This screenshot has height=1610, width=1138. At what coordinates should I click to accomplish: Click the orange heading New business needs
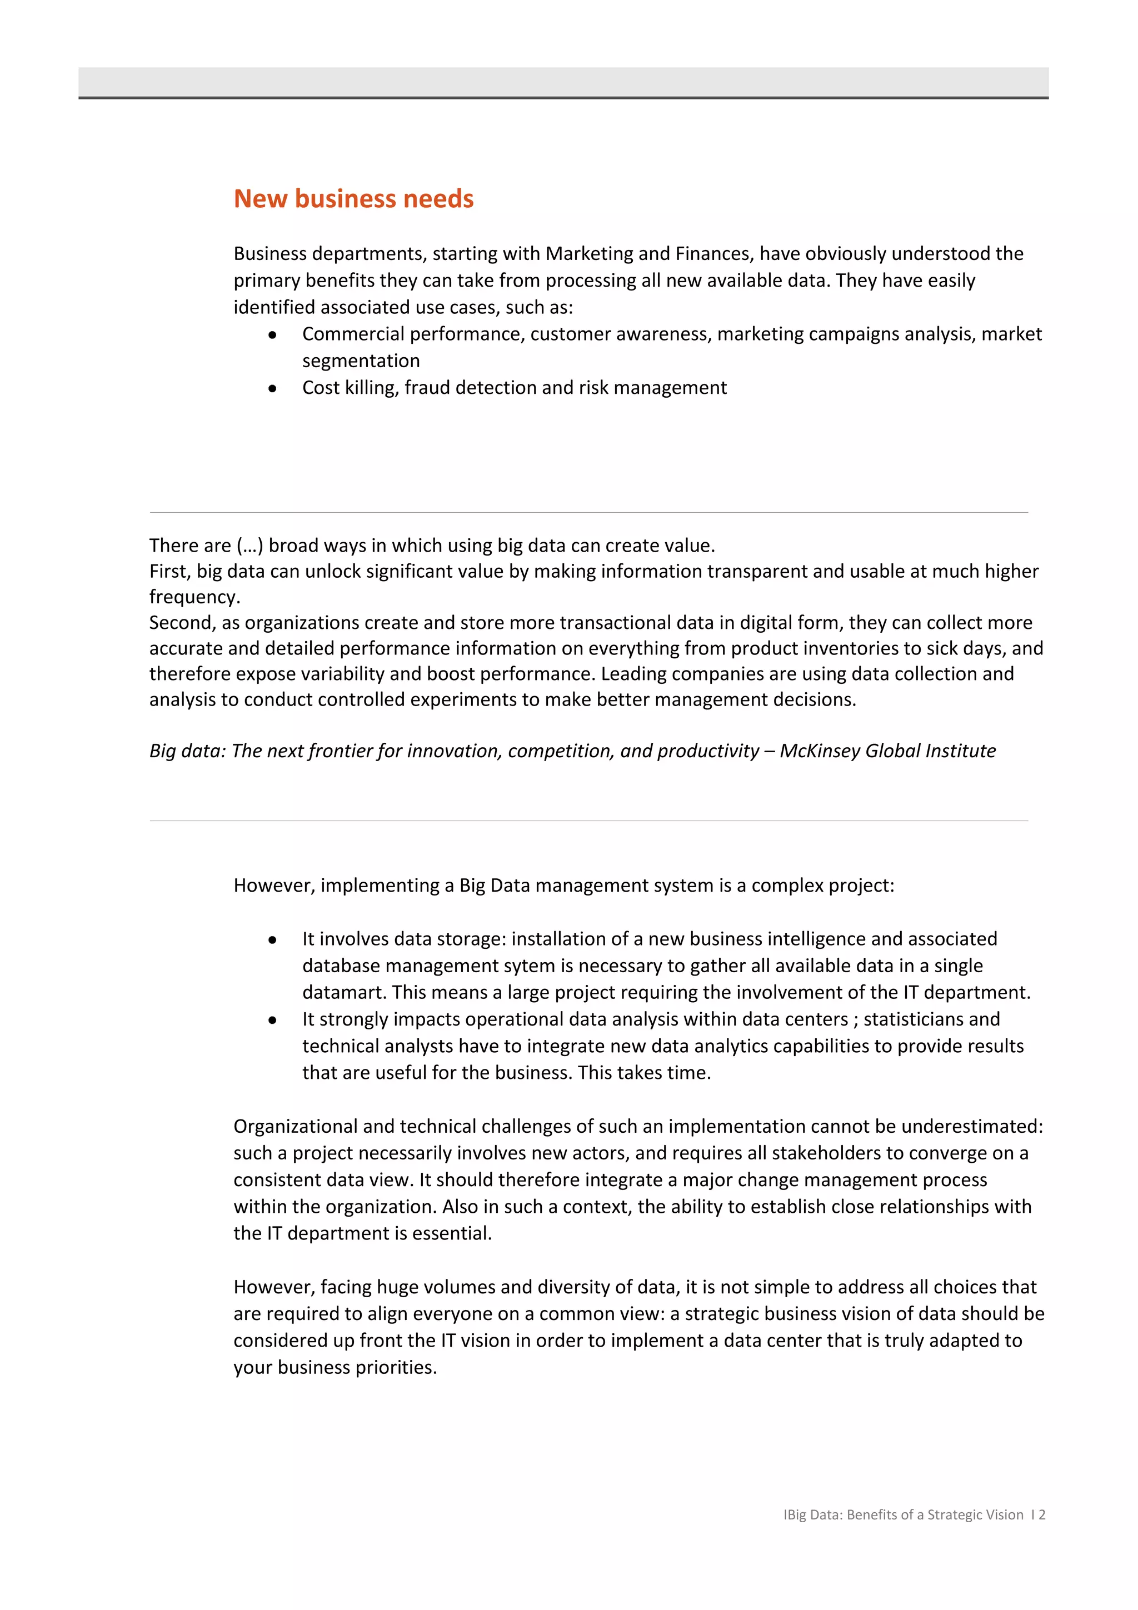pyautogui.click(x=353, y=198)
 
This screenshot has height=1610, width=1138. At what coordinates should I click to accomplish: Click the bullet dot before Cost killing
pyautogui.click(x=272, y=388)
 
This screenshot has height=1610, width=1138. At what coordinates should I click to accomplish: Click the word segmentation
pyautogui.click(x=361, y=361)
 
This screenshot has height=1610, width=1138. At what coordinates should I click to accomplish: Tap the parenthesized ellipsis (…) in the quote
pyautogui.click(x=249, y=545)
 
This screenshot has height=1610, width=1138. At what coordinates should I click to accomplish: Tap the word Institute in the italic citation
pyautogui.click(x=960, y=751)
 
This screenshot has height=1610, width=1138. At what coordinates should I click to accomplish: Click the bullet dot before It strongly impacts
pyautogui.click(x=272, y=1019)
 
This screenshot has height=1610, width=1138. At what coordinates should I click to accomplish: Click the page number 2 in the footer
pyautogui.click(x=1042, y=1514)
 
